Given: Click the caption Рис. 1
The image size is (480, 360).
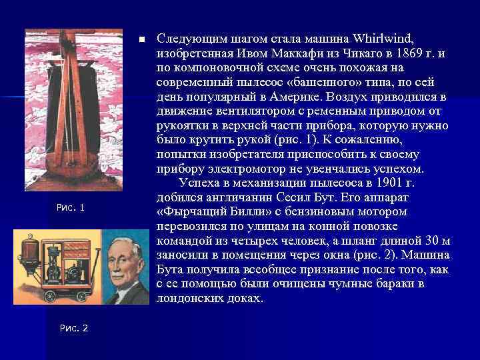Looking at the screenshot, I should click(71, 209).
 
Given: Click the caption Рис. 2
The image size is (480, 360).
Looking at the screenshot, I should click(73, 327).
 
